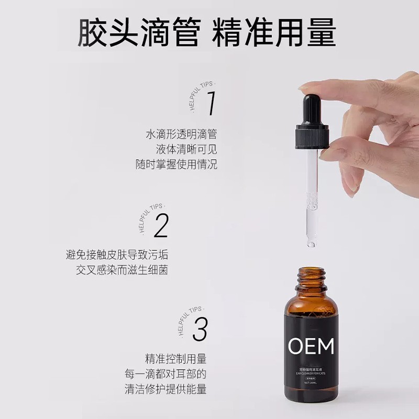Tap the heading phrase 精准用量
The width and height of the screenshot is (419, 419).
273,32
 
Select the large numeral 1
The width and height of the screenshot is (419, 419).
211,103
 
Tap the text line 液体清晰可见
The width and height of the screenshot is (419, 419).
187,149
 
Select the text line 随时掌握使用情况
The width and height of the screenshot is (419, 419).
176,164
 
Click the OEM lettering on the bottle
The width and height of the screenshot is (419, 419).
311,347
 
